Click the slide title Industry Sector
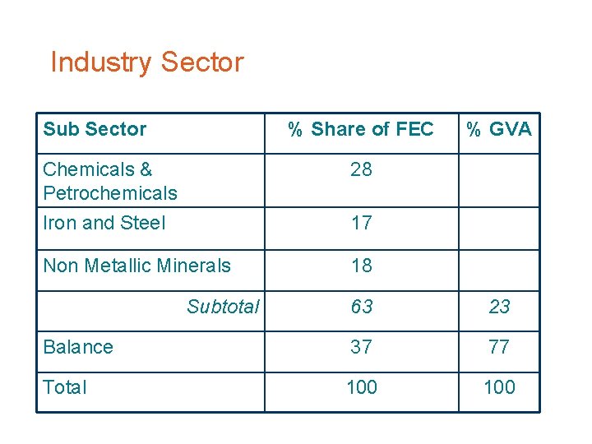(147, 62)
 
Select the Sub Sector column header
(95, 129)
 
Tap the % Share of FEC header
(360, 129)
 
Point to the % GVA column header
(499, 129)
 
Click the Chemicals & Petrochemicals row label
(109, 181)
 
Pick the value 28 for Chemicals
(361, 169)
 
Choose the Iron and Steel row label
(104, 223)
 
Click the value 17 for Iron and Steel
(361, 223)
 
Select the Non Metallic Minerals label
(136, 266)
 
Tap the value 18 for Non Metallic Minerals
(361, 266)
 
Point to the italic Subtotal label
(223, 308)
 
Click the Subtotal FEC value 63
(361, 308)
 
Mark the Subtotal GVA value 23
(499, 308)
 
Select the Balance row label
(78, 347)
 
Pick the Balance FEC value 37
(361, 347)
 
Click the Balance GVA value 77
(499, 347)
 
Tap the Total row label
(64, 387)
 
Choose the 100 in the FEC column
(361, 387)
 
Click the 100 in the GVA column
(499, 387)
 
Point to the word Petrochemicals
(109, 193)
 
